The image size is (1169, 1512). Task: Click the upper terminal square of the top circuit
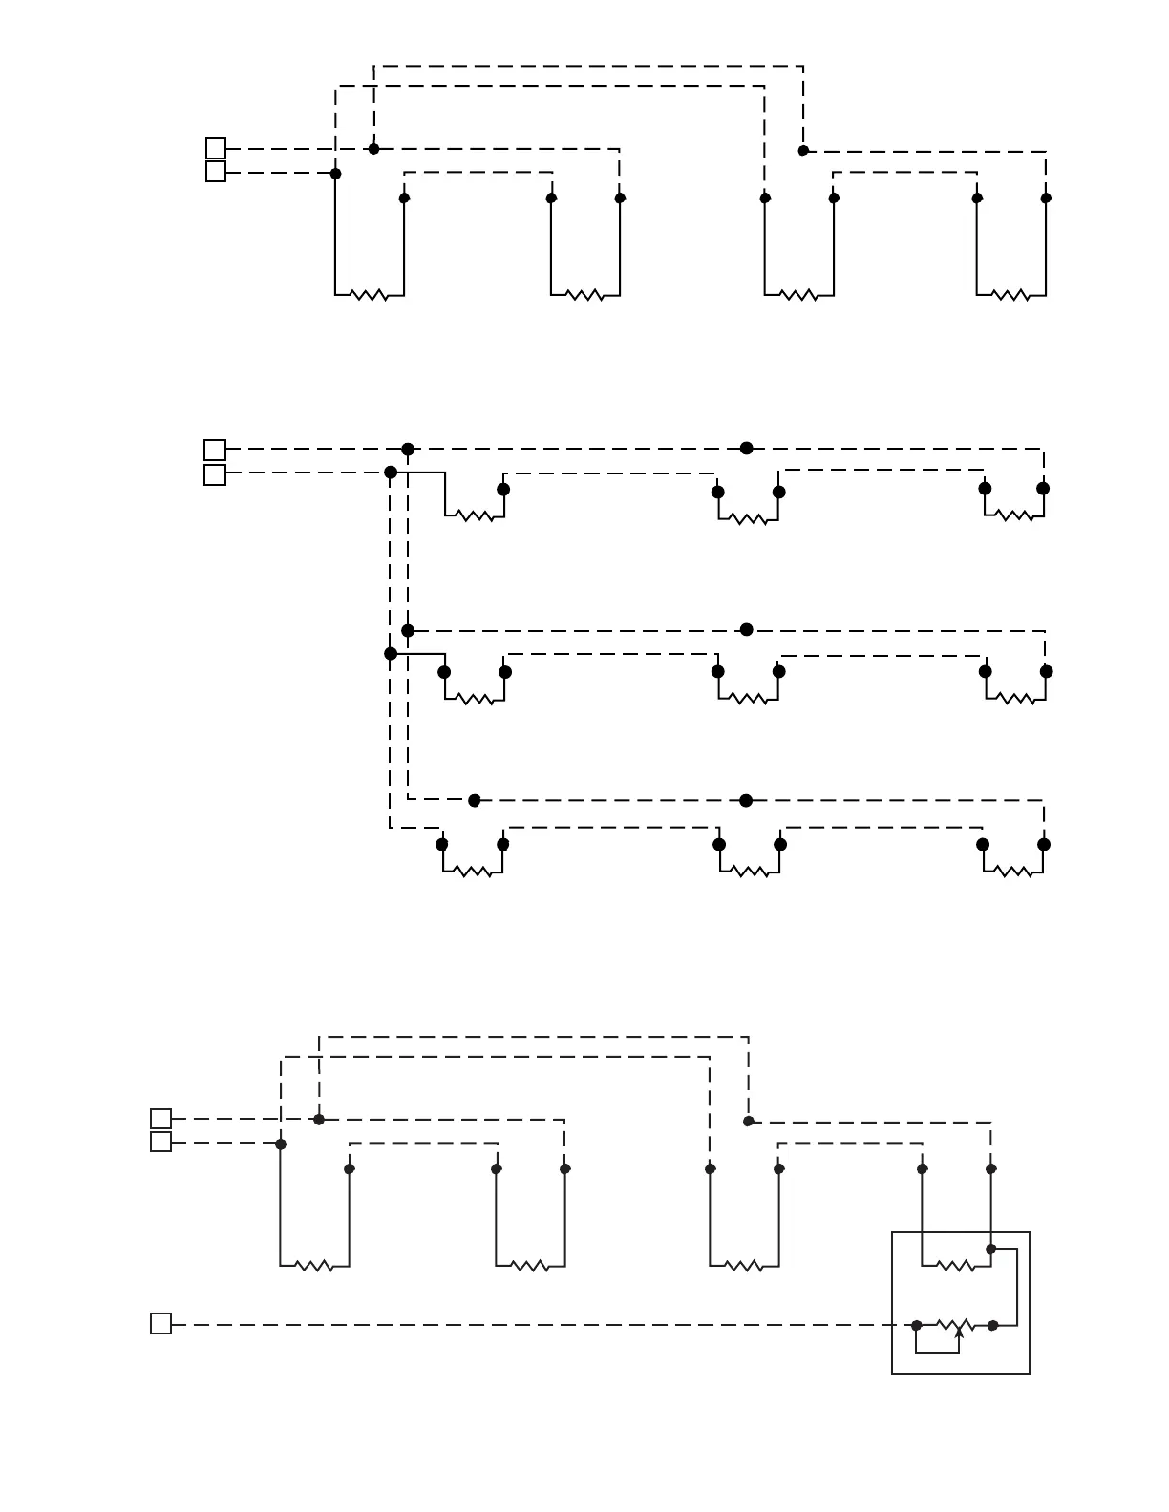tap(216, 148)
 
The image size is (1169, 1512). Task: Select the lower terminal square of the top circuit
tap(216, 172)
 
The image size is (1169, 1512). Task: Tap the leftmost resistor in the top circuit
tap(369, 295)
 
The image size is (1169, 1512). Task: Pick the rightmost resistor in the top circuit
tap(1010, 295)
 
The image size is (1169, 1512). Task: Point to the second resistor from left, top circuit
tap(584, 295)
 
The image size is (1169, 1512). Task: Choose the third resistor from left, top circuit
tap(798, 295)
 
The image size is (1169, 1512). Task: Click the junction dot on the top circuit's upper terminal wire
tap(373, 149)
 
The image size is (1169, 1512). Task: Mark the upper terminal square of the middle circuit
tap(215, 450)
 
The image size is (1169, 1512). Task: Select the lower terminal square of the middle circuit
tap(215, 474)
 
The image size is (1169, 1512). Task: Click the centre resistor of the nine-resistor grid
tap(748, 699)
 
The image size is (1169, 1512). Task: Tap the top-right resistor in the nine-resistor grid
tap(1014, 515)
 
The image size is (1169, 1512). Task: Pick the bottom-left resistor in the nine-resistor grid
tap(472, 871)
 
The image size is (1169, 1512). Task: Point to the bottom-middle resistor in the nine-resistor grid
tap(749, 871)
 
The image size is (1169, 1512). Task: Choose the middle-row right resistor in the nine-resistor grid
tap(1015, 699)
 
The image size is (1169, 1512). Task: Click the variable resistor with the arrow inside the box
tap(955, 1325)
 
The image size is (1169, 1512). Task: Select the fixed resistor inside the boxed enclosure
tap(956, 1266)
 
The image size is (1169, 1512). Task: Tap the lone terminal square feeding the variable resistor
tap(161, 1324)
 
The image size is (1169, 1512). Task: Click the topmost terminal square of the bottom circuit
tap(161, 1119)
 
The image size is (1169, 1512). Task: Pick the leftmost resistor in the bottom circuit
tap(314, 1266)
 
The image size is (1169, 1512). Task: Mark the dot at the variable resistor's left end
tap(916, 1325)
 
